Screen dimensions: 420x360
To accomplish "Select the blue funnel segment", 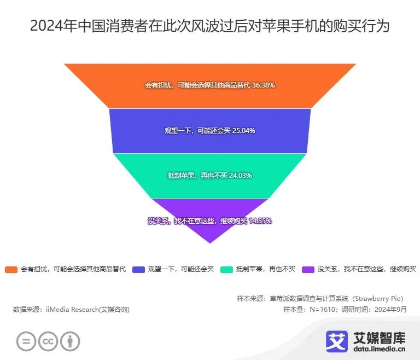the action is coord(210,142).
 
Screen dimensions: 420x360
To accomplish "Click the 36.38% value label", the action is coord(263,85).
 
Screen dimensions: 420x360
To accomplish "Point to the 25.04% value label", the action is coord(244,131).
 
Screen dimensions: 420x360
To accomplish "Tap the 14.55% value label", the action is coord(260,220).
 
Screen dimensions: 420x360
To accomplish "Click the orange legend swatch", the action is coord(11,269).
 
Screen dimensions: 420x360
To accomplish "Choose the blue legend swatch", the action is coord(138,269).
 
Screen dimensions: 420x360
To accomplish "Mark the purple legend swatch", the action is coord(308,269).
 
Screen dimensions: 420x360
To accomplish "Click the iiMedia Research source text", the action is coord(71,309).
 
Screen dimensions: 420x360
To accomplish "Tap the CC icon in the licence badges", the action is coord(48,341).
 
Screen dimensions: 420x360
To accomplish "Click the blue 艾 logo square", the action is coord(337,341).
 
